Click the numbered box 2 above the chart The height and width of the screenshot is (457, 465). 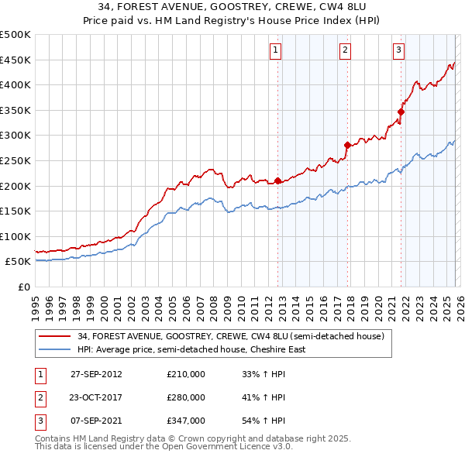pyautogui.click(x=345, y=51)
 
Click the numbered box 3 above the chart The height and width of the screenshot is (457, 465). pyautogui.click(x=398, y=51)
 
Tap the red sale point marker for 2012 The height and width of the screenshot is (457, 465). pyautogui.click(x=277, y=181)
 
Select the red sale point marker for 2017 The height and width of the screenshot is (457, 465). pyautogui.click(x=347, y=145)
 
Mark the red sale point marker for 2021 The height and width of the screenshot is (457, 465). pyautogui.click(x=401, y=112)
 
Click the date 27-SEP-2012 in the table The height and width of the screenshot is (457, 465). pyautogui.click(x=96, y=374)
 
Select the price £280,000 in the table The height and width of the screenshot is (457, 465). pyautogui.click(x=186, y=397)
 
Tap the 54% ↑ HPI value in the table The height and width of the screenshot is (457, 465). pyautogui.click(x=264, y=421)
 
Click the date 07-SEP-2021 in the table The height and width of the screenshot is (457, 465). pyautogui.click(x=96, y=421)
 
